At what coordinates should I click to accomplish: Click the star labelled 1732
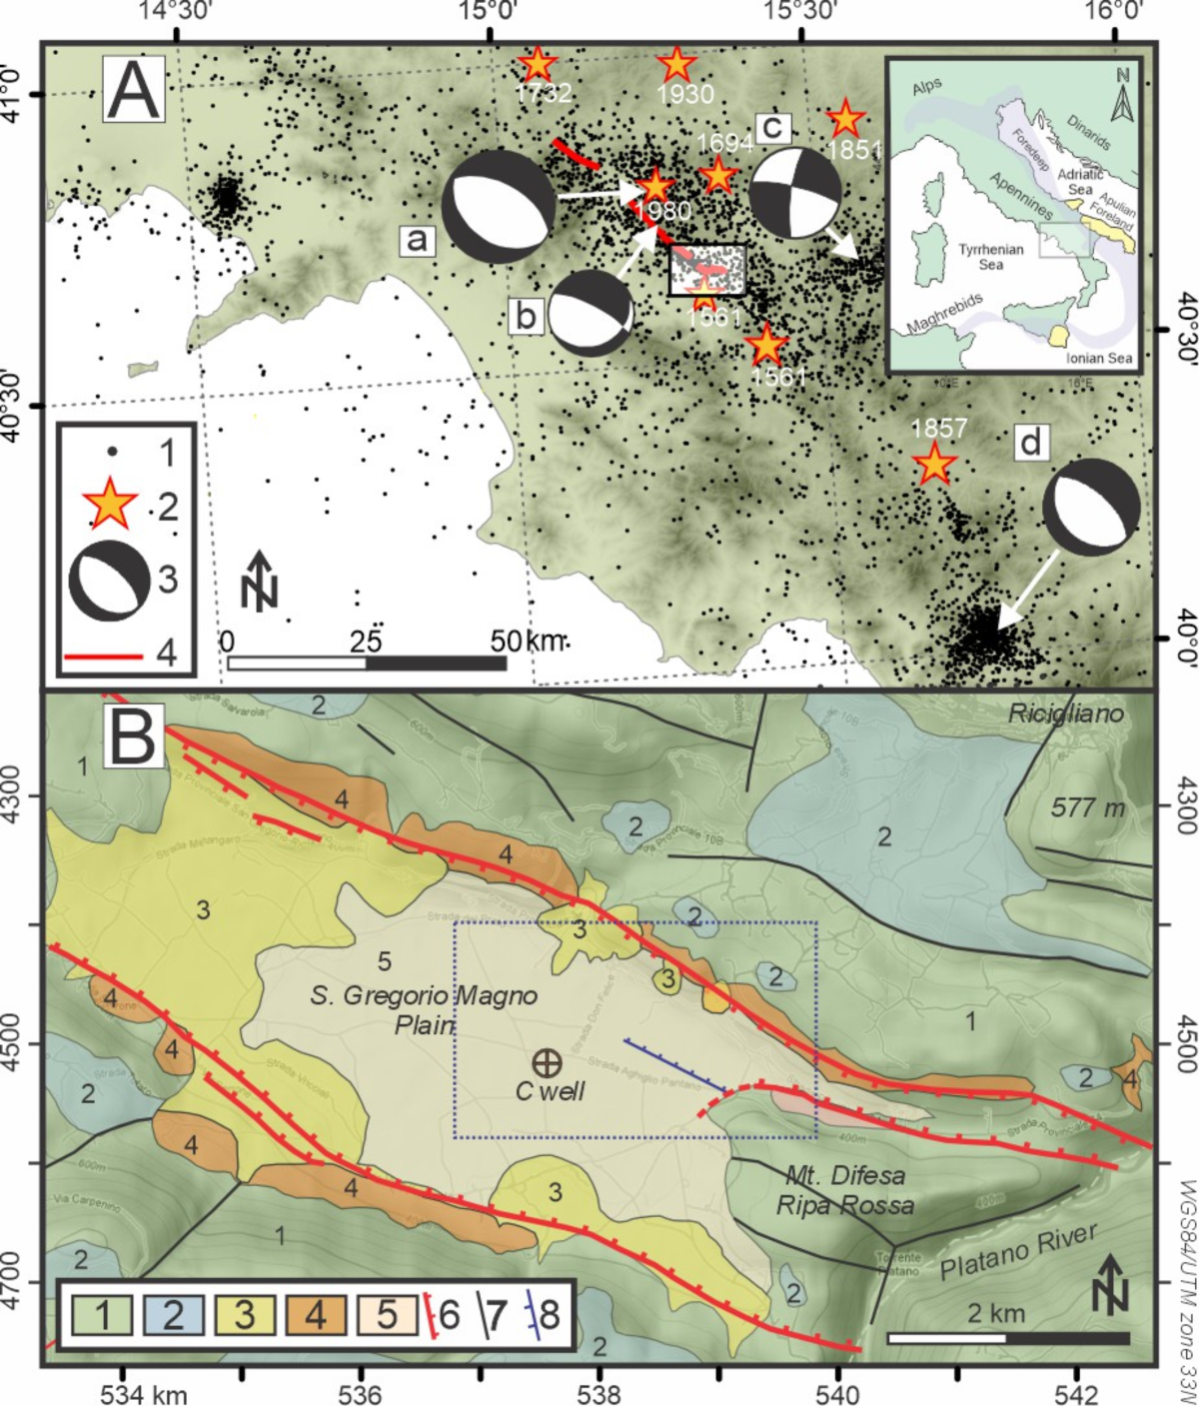click(x=538, y=65)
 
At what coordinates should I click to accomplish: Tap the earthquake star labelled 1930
click(x=676, y=65)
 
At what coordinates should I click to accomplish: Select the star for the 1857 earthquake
click(x=933, y=464)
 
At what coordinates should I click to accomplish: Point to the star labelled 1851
click(x=845, y=119)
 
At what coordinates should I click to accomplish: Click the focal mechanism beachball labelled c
click(x=795, y=194)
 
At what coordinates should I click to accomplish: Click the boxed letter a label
click(x=417, y=239)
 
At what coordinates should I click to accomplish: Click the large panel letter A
click(x=134, y=92)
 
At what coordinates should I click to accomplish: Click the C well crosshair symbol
click(x=546, y=1061)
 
